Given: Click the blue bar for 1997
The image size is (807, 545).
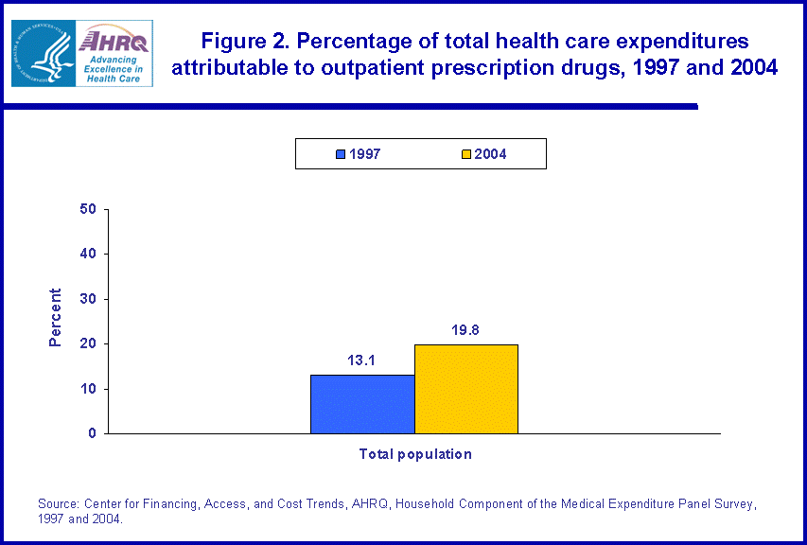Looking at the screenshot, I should coord(362,404).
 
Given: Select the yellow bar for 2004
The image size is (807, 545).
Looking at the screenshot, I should coord(466,389).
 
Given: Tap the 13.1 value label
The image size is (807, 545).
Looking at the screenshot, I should coord(362,360).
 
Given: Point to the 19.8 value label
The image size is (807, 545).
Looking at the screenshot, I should coord(466,330).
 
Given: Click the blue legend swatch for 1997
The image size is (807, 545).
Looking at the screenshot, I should coord(341,154).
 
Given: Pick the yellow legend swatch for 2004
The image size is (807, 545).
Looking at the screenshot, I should coord(465,154).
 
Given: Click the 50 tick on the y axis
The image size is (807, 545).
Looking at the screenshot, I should coord(89,209).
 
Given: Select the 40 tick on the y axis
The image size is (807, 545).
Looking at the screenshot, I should coord(89,254).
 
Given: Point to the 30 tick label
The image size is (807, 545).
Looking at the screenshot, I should coord(89,299).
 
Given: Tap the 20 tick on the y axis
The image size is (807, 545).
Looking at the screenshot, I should coord(89,343).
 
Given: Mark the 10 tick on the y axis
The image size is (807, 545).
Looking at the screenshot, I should coord(89,389).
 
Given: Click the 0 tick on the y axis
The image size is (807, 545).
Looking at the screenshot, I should coord(93,433).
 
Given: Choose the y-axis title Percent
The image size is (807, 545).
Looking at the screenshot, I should coord(55,317).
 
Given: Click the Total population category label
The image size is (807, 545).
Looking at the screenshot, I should coord(414,454).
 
